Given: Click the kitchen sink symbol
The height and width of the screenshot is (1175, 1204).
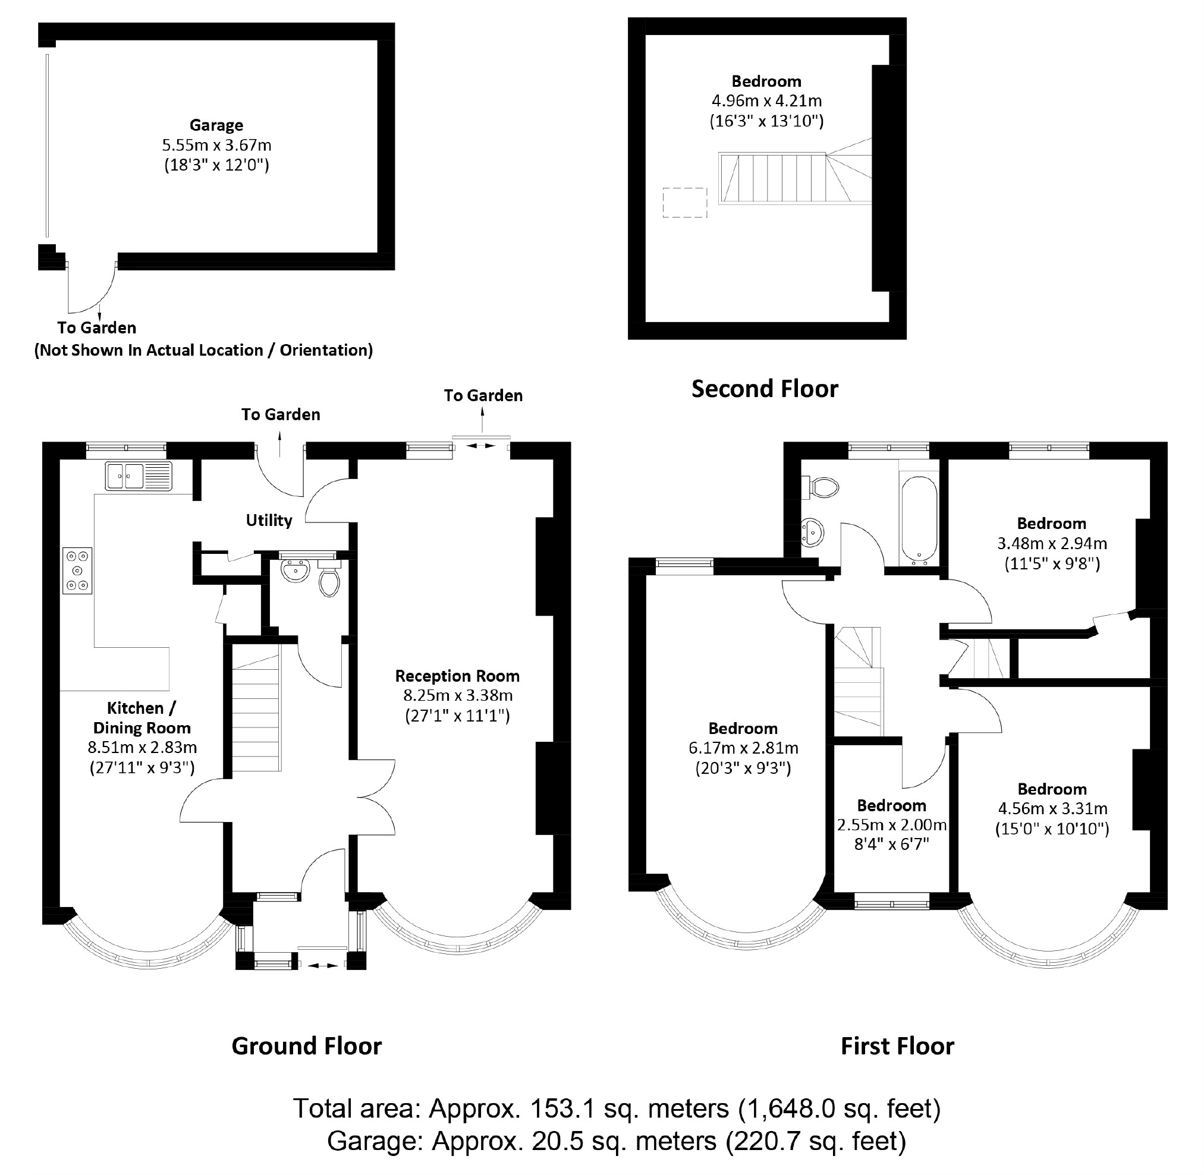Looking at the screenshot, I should (x=139, y=476).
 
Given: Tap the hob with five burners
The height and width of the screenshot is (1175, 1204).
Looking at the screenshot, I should (x=77, y=570).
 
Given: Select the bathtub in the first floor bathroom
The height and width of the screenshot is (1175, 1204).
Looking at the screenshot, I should (x=919, y=519).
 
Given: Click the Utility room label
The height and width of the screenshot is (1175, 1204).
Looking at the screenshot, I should (x=269, y=520).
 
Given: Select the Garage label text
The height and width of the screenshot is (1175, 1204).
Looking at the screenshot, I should (x=216, y=125).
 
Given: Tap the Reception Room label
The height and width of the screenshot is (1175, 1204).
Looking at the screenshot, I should (x=457, y=676).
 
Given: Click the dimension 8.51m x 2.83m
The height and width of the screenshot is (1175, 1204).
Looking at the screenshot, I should (x=142, y=747).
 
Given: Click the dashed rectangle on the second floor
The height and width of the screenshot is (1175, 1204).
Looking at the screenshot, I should (x=685, y=203).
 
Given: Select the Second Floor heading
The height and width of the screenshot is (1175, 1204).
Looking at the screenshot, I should (x=765, y=389).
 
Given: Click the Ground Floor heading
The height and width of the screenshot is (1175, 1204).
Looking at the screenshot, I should (x=306, y=1046).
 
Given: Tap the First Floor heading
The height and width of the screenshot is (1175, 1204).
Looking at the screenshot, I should (x=897, y=1046).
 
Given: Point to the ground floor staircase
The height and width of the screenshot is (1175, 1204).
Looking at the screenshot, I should (x=256, y=710).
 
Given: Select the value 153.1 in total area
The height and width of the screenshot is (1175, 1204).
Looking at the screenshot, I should (x=562, y=1109).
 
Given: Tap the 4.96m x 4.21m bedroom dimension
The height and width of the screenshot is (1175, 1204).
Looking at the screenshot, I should (x=766, y=100).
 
